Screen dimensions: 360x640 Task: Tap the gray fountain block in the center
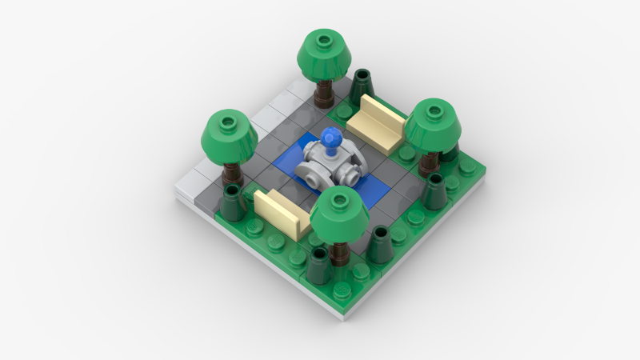click(x=327, y=166)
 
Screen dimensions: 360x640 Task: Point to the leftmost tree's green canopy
click(x=228, y=134)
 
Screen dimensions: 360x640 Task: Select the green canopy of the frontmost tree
click(x=340, y=214)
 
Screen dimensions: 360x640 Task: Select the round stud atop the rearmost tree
click(x=324, y=38)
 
